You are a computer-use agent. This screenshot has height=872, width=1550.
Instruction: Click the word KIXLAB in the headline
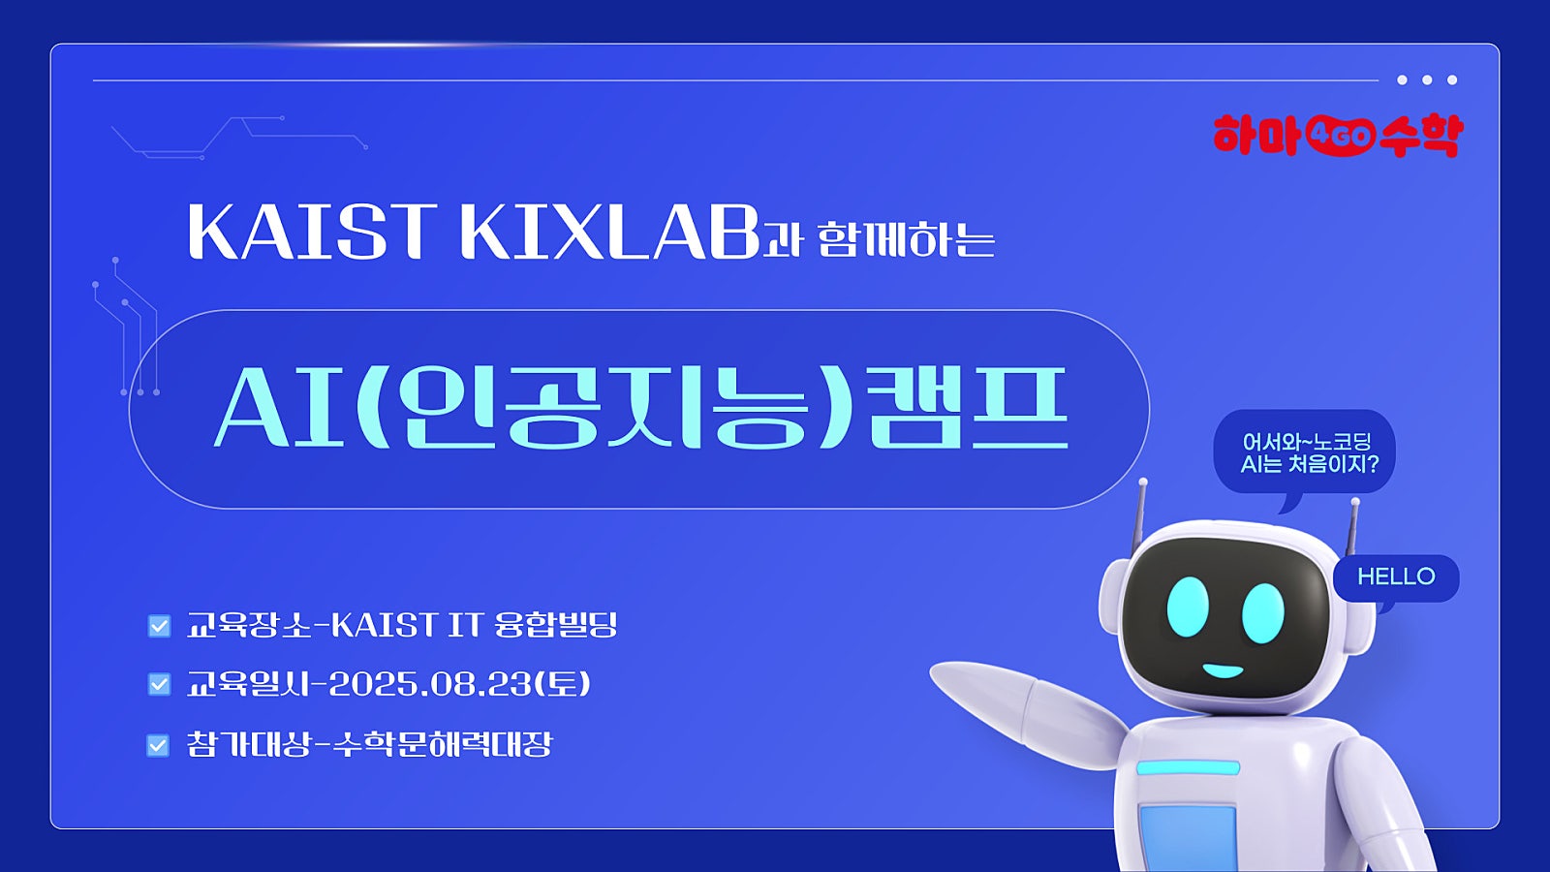click(609, 232)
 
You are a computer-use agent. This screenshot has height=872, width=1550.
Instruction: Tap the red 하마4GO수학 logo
click(1338, 136)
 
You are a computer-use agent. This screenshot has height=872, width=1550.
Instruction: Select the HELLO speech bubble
click(1396, 577)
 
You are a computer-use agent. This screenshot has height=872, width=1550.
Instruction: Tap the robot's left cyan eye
click(1188, 607)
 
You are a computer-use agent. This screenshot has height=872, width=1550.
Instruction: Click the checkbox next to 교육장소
click(159, 626)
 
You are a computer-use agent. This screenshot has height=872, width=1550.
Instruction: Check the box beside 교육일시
click(159, 684)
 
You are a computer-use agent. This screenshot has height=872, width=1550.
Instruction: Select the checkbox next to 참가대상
click(158, 745)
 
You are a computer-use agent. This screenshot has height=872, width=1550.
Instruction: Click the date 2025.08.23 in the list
click(436, 684)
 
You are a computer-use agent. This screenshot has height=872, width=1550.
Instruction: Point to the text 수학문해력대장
click(443, 745)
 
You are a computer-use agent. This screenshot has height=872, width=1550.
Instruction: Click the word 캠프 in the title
click(968, 408)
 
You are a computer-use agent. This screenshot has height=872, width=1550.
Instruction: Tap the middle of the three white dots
click(1427, 79)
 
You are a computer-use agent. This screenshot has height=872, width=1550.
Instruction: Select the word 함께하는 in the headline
click(907, 239)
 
